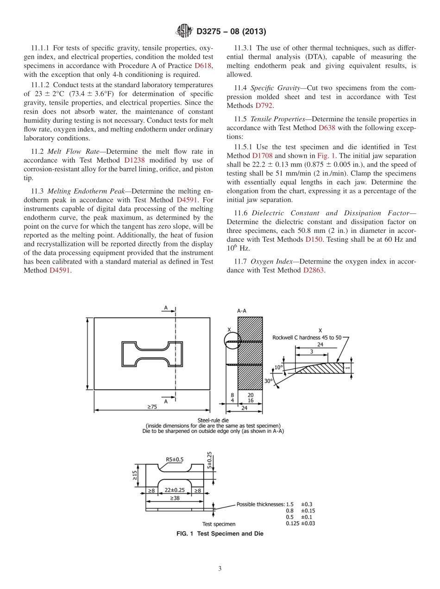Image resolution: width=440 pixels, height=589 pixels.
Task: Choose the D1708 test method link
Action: point(262,156)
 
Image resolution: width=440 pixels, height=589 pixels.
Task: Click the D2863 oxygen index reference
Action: point(314,270)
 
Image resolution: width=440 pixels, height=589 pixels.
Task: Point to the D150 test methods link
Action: point(314,239)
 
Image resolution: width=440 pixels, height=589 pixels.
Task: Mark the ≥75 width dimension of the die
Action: point(152,407)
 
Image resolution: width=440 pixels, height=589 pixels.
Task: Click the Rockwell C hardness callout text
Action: point(307,338)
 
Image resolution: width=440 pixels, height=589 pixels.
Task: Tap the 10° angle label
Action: point(278,367)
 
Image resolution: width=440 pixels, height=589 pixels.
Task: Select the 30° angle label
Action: point(268,381)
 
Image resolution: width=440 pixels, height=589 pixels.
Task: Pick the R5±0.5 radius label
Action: point(175,459)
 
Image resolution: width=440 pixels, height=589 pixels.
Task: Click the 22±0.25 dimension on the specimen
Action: point(175,490)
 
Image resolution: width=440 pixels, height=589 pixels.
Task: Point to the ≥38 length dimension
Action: point(175,498)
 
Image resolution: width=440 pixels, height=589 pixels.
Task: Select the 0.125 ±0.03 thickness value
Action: point(300,523)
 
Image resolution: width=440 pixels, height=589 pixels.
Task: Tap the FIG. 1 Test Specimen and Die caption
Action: point(220,533)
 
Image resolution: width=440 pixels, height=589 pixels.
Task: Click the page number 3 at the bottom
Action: point(220,569)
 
